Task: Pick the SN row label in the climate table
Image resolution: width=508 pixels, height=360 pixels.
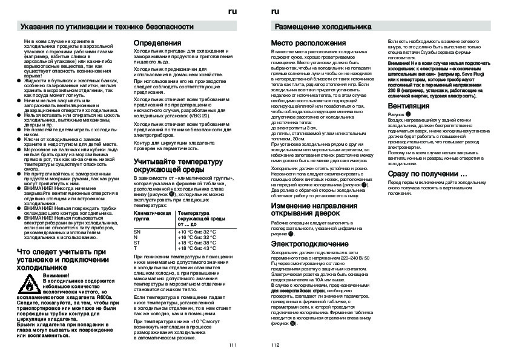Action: pyautogui.click(x=137, y=232)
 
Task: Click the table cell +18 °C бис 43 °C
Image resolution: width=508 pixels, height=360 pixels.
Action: pyautogui.click(x=196, y=248)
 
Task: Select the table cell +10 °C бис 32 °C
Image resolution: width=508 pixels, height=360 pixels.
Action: pyautogui.click(x=196, y=232)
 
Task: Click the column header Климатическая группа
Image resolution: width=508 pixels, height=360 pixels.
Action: pyautogui.click(x=151, y=217)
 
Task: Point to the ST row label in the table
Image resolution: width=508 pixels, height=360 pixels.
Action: pyautogui.click(x=137, y=243)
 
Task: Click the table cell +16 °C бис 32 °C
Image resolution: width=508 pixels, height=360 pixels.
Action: pyautogui.click(x=196, y=237)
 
